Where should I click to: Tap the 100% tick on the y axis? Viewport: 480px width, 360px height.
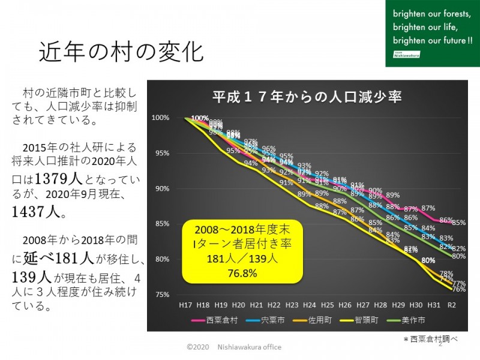coord(162,118)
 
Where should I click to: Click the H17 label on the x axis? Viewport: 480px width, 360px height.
coord(186,306)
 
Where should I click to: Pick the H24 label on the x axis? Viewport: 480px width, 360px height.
coord(310,306)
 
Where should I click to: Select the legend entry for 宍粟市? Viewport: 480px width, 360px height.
coord(269,320)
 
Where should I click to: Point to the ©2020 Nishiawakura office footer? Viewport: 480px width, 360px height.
coord(233,347)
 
